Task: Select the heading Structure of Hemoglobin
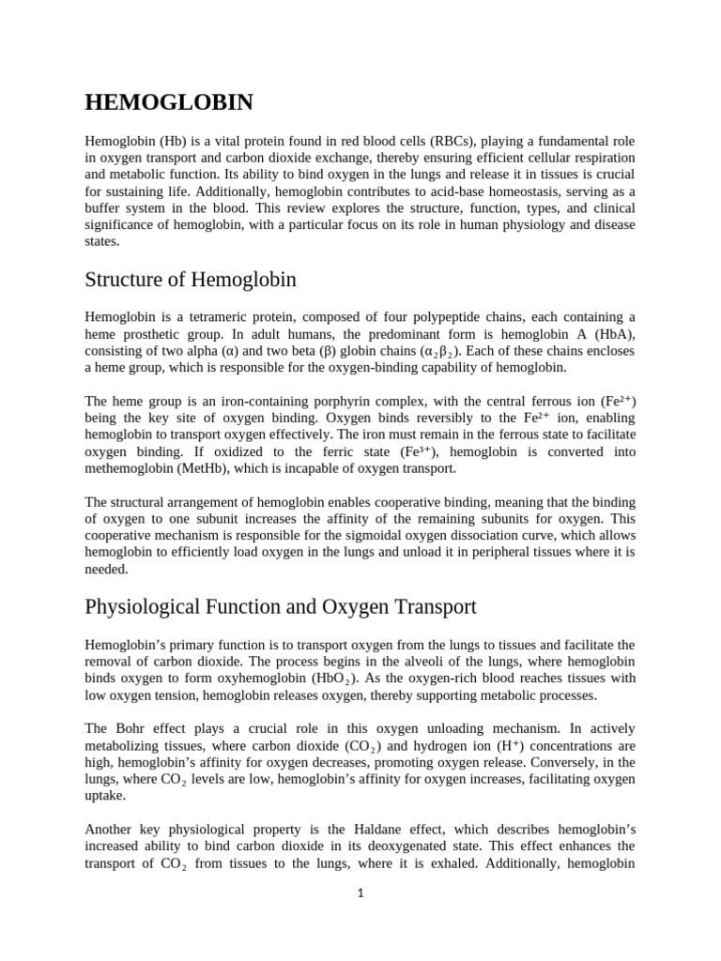click(191, 279)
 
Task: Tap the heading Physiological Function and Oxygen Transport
click(281, 606)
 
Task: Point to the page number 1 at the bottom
click(360, 892)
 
